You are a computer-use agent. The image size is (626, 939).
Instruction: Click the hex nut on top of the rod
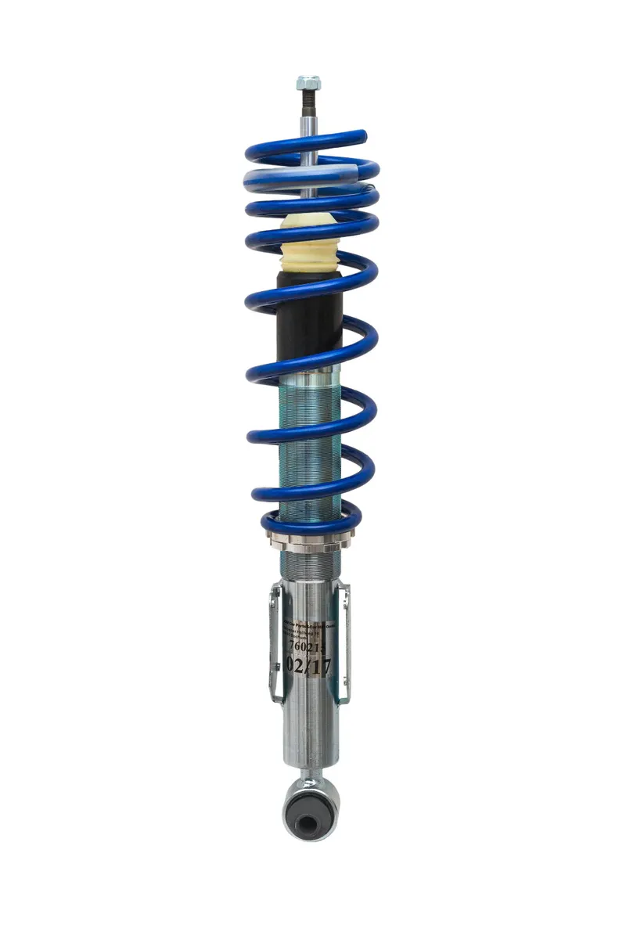pos(308,82)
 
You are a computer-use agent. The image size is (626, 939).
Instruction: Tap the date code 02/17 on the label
pos(311,666)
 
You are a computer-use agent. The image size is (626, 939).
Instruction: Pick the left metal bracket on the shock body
pos(274,642)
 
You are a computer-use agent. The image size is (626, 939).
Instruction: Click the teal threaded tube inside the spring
pos(310,438)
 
